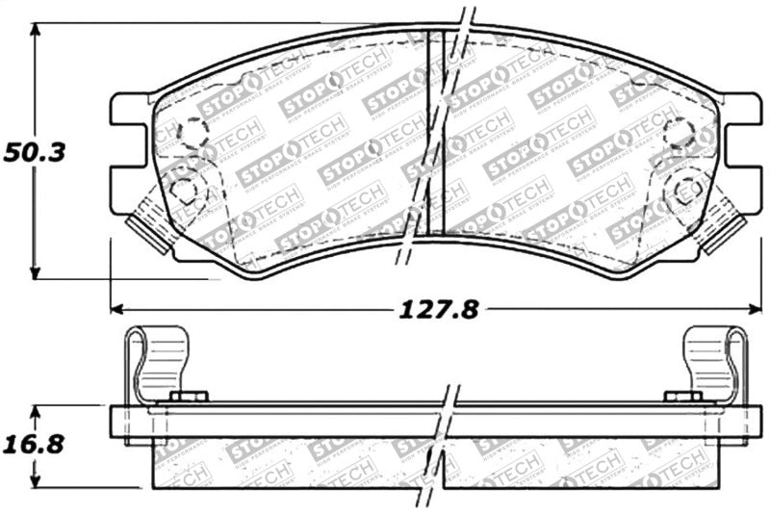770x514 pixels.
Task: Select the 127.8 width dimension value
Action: pos(439,310)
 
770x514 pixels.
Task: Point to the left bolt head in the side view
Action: pos(189,397)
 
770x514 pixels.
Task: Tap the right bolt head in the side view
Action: pos(682,397)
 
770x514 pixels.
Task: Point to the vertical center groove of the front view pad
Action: pos(434,135)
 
